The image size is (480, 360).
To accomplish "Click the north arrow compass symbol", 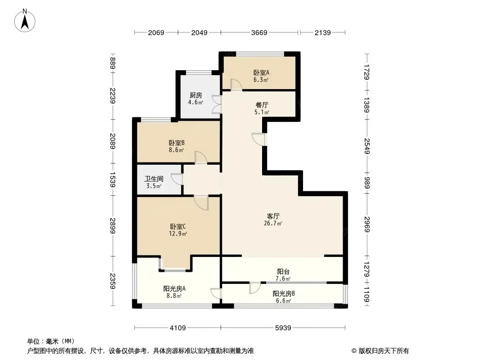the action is click(x=25, y=21).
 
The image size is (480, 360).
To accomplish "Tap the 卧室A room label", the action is click(x=261, y=73).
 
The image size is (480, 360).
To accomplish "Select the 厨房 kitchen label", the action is click(x=195, y=95).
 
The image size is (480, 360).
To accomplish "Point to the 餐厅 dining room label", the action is click(x=262, y=105).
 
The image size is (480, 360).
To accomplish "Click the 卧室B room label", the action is click(x=177, y=143).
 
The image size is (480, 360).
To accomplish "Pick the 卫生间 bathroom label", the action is click(x=154, y=179).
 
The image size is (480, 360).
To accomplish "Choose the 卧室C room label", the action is click(x=178, y=227).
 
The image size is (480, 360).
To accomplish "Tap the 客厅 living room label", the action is click(x=273, y=216).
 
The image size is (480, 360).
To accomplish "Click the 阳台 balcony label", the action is click(x=283, y=272).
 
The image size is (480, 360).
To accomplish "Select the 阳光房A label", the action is click(x=174, y=289).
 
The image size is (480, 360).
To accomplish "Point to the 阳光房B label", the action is click(x=284, y=294).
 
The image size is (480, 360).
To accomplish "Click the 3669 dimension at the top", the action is click(x=259, y=32).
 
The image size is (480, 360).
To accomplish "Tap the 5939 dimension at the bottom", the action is click(x=283, y=328).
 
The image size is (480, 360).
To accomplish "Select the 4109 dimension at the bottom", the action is click(x=178, y=328).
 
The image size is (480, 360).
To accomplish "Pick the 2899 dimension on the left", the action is click(x=113, y=226).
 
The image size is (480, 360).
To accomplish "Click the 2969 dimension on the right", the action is click(x=367, y=224).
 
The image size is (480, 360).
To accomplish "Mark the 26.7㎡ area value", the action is click(x=273, y=223).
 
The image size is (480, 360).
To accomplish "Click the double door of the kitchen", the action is click(x=217, y=105).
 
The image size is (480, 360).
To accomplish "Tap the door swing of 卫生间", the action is click(x=177, y=179).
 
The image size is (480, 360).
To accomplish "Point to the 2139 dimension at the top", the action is click(x=323, y=32).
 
